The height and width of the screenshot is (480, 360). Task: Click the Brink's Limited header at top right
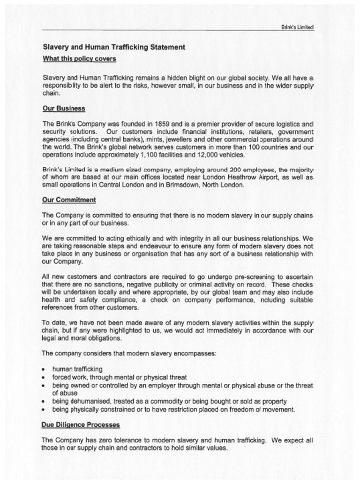(297, 27)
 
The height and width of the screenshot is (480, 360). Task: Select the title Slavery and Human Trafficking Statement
(114, 47)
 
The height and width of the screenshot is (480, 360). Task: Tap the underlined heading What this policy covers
(79, 59)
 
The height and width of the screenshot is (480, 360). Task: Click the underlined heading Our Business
(64, 108)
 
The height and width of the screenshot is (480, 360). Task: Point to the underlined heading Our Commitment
(69, 200)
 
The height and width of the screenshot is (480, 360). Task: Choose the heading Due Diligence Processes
(81, 425)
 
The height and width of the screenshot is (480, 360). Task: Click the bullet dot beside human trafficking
(44, 369)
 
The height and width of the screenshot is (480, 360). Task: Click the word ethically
(126, 238)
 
